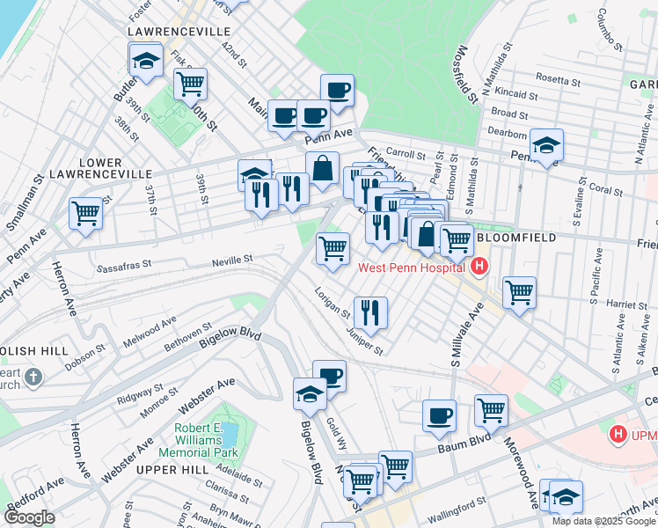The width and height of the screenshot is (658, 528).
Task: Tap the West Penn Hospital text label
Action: (x=413, y=267)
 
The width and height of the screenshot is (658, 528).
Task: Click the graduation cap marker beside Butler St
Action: (x=145, y=62)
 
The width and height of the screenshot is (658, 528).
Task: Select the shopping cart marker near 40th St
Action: (x=190, y=85)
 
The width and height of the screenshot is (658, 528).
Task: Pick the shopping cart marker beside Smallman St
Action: (x=85, y=213)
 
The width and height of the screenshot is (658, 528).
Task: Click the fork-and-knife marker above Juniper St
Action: (x=370, y=312)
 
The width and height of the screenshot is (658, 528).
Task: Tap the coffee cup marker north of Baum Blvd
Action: (x=439, y=415)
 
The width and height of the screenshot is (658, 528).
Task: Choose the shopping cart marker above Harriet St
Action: (x=520, y=292)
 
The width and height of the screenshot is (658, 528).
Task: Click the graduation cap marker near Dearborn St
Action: (x=546, y=146)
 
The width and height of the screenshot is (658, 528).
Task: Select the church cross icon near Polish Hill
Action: (x=33, y=378)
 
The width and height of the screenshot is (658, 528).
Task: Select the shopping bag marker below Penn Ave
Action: (x=323, y=168)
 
